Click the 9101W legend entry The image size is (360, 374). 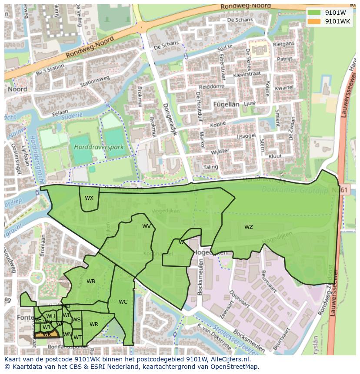tap(330, 13)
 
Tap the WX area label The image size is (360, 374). tap(89, 198)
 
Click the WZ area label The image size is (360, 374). tap(248, 227)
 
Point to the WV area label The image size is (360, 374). tap(147, 226)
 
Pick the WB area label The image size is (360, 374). tap(90, 281)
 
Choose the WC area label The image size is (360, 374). tap(123, 302)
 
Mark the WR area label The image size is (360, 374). tap(94, 324)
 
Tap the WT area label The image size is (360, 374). tap(77, 338)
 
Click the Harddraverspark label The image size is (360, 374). tap(98, 147)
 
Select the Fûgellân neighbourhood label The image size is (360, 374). tap(226, 104)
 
